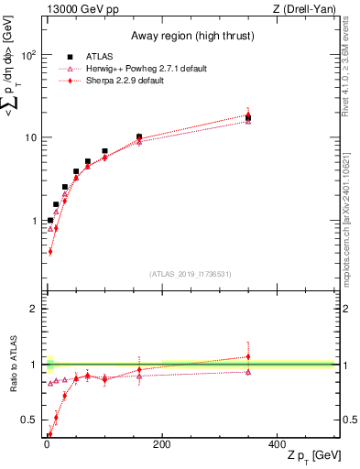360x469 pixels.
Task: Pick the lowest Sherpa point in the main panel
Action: coord(50,250)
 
